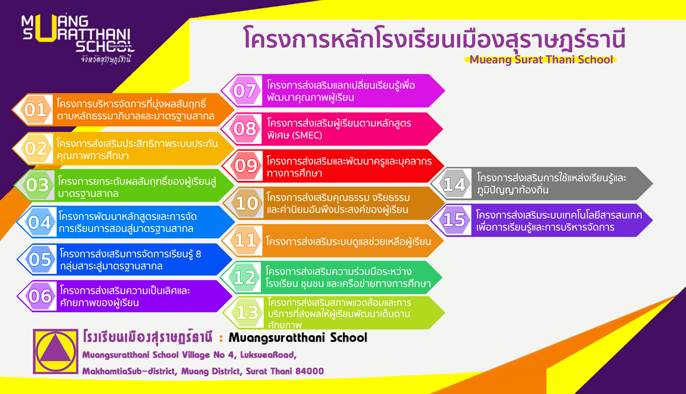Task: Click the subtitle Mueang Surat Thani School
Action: (541, 60)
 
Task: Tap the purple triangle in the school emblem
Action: (55, 351)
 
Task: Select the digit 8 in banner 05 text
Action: (198, 254)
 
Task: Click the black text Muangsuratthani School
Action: (298, 338)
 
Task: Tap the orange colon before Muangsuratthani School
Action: (221, 338)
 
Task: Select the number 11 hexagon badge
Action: (246, 240)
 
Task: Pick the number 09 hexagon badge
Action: (246, 166)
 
